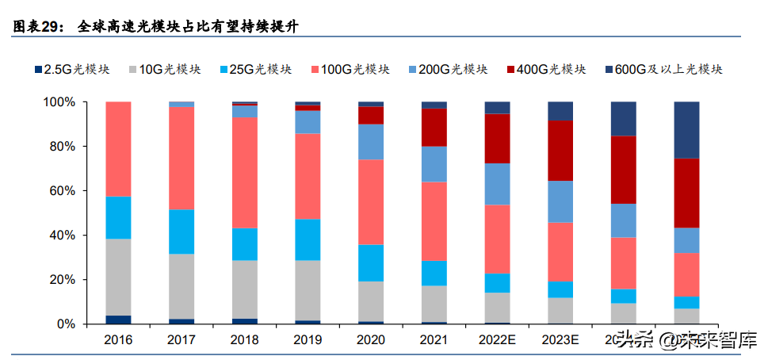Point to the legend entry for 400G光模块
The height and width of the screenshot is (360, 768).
coord(550,69)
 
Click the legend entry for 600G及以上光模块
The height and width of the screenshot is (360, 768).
coord(669,69)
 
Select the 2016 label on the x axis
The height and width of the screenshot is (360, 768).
coord(117,340)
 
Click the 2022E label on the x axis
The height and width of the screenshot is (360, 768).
coord(497,340)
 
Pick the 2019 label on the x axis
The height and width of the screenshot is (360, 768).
coord(308,340)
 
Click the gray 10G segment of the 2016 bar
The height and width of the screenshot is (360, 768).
coord(117,277)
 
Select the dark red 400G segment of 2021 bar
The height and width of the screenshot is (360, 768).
coord(434,127)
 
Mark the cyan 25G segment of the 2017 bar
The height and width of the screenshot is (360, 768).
coord(181,232)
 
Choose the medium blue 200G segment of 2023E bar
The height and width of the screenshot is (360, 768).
coord(560,201)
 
